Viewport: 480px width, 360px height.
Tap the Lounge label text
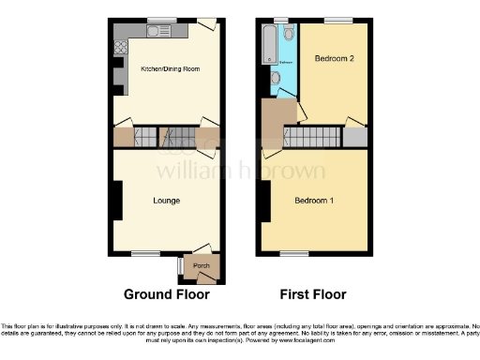click(x=167, y=201)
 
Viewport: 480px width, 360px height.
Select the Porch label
click(x=202, y=266)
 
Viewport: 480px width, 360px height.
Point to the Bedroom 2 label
click(x=334, y=59)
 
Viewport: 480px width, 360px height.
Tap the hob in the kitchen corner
click(x=121, y=44)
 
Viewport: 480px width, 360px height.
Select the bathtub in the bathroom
click(x=267, y=42)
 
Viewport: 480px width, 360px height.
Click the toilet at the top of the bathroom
click(x=289, y=34)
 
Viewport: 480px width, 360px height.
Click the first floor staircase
click(x=312, y=138)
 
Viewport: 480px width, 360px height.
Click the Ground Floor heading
click(x=167, y=294)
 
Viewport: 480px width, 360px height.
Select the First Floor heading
click(x=314, y=294)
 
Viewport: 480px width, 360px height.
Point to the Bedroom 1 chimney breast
click(x=265, y=201)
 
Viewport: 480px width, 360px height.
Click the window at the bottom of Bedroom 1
click(x=294, y=253)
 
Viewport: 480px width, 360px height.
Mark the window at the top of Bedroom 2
click(x=337, y=20)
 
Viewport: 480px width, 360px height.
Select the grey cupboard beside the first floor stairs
click(x=354, y=137)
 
